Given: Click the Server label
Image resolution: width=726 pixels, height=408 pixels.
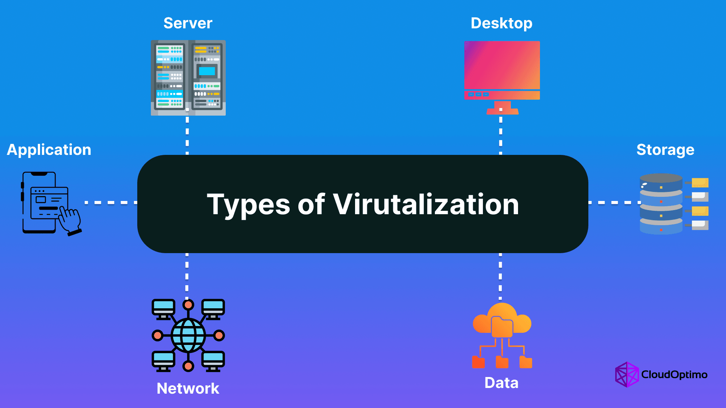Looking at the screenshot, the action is (188, 23).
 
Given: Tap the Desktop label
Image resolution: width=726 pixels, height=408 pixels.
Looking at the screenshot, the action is (501, 24).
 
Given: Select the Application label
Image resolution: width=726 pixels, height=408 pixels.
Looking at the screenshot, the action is (49, 150).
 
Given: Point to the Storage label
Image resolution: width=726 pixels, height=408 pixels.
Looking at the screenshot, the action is (665, 150).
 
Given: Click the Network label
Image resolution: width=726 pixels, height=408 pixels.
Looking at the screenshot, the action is (188, 388).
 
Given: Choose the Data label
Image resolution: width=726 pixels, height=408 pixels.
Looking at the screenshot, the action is (501, 383).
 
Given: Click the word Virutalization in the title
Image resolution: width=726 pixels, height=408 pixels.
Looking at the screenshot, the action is (426, 204).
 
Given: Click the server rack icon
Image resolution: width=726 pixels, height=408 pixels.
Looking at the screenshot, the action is (188, 78).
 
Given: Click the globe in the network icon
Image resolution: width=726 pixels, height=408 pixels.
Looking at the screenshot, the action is (188, 335).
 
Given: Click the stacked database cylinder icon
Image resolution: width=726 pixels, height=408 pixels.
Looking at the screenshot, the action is (661, 204).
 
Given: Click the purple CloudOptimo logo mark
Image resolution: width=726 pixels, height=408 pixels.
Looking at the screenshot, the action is (627, 374).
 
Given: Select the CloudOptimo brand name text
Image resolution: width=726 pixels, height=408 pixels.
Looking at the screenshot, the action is (674, 374).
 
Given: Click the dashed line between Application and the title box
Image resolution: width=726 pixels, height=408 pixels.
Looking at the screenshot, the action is (111, 202).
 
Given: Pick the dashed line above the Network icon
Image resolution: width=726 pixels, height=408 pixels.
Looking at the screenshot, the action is (187, 275).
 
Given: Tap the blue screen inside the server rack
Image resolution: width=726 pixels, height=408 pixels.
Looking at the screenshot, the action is (207, 71).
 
